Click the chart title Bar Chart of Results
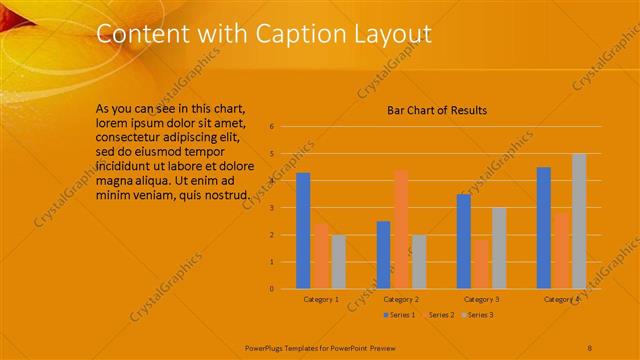click(437, 110)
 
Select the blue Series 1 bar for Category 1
click(303, 231)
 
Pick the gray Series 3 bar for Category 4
click(578, 221)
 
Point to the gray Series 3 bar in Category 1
click(338, 262)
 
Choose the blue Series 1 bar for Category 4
click(543, 228)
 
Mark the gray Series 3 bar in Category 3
click(498, 248)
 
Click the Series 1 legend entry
click(401, 315)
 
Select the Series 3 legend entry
click(480, 315)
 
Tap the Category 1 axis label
click(321, 299)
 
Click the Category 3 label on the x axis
click(481, 299)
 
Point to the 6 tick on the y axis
click(271, 127)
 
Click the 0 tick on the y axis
click(271, 289)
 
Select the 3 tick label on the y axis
click(271, 208)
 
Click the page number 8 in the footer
click(590, 346)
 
